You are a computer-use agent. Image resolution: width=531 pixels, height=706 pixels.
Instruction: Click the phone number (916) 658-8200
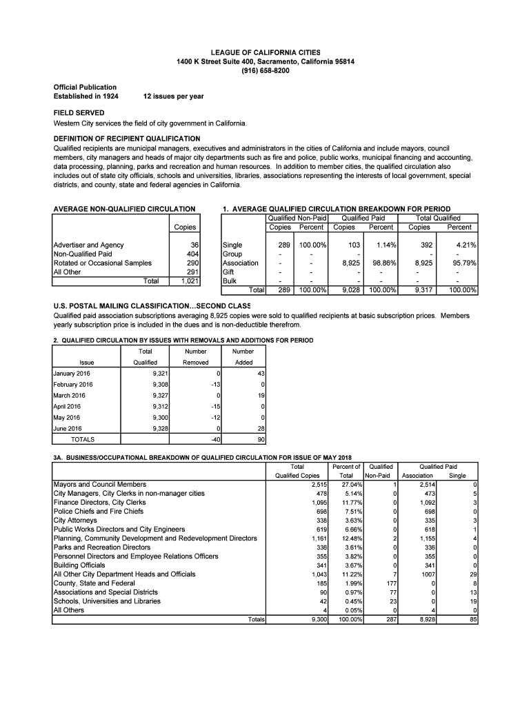tap(265, 71)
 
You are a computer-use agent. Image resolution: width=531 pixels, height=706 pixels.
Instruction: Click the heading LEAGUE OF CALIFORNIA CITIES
tap(265, 53)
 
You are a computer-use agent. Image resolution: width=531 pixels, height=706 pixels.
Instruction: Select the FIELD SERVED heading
tap(79, 112)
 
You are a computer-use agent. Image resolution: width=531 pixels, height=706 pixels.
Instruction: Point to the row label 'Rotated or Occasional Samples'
tap(103, 263)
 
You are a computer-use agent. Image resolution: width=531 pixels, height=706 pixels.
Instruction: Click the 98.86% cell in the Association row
tap(381, 263)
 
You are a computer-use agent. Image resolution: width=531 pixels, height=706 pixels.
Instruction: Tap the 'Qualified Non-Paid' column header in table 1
tap(297, 218)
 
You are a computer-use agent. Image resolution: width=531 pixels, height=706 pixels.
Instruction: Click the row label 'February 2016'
tap(73, 385)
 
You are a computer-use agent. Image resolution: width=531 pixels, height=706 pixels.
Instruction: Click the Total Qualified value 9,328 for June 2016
tap(159, 428)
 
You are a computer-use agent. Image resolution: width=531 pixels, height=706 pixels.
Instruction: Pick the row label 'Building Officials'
tap(81, 565)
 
